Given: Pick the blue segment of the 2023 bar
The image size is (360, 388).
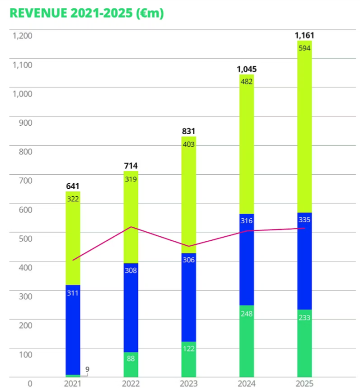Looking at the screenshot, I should point(188,300).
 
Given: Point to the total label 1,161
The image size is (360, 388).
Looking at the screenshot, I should point(304,36).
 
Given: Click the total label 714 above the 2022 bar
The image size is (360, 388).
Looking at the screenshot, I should point(130,166).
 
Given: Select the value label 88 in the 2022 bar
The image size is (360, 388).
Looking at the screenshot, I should point(130,358).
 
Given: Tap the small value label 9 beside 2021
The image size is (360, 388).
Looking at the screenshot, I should point(87,369).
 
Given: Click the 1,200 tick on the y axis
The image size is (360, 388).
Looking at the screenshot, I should point(22,36).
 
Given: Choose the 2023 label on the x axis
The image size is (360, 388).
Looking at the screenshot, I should point(188,384).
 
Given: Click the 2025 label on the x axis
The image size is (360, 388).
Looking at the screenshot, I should point(304,384).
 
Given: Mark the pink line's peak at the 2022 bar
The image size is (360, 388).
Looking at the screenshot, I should point(131,227).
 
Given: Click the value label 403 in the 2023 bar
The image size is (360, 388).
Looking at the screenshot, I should point(188,144).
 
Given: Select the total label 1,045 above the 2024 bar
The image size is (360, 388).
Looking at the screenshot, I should point(246,69).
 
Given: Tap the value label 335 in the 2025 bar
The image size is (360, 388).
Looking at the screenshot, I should point(304,220).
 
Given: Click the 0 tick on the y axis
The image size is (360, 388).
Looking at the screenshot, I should point(29,384).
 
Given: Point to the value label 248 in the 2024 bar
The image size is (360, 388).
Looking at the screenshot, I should point(246,313).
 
